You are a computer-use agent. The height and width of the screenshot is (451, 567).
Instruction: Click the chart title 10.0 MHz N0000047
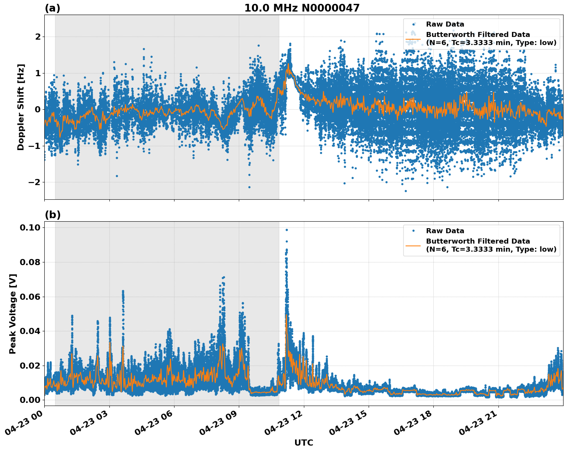[302, 8]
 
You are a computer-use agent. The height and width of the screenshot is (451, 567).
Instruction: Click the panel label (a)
[52, 8]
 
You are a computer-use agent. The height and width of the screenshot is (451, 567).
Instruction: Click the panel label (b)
[52, 215]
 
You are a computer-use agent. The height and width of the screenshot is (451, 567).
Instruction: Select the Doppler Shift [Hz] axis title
[21, 107]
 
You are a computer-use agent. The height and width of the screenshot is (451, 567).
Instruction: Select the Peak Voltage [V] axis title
[13, 314]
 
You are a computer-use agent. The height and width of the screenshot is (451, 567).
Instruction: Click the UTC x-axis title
[304, 443]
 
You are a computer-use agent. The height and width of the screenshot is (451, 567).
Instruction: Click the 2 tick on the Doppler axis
[38, 37]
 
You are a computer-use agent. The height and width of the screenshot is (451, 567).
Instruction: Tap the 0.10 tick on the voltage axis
[30, 227]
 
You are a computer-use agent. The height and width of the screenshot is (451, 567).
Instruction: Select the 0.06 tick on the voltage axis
[30, 297]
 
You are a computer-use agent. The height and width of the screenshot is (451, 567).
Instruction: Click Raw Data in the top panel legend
[445, 24]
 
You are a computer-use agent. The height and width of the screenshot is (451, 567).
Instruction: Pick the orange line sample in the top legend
[413, 39]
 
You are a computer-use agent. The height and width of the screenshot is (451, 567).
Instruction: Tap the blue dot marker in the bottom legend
[413, 231]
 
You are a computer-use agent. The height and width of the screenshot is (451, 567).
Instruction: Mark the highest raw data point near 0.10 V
[287, 230]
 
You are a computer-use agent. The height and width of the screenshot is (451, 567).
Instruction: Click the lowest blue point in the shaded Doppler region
[249, 187]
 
